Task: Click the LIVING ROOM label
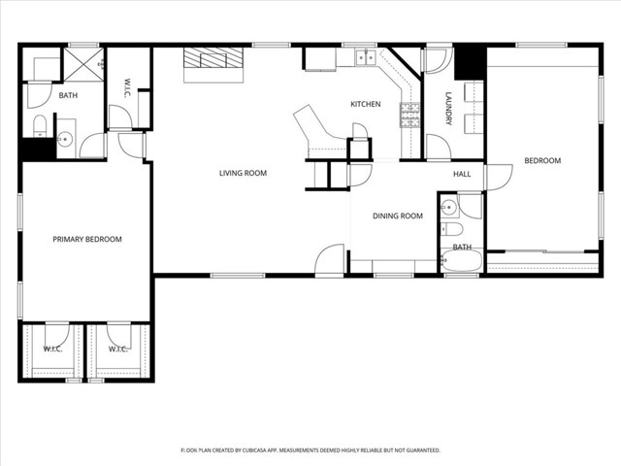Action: click(x=242, y=173)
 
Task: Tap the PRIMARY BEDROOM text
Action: click(x=87, y=239)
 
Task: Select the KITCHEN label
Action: click(x=365, y=104)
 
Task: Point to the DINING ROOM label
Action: click(x=398, y=216)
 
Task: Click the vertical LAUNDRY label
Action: click(x=448, y=109)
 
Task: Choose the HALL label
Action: click(x=462, y=173)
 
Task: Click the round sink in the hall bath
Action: click(x=449, y=206)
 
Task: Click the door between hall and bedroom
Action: click(x=498, y=177)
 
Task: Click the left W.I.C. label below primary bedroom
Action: click(x=52, y=349)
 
